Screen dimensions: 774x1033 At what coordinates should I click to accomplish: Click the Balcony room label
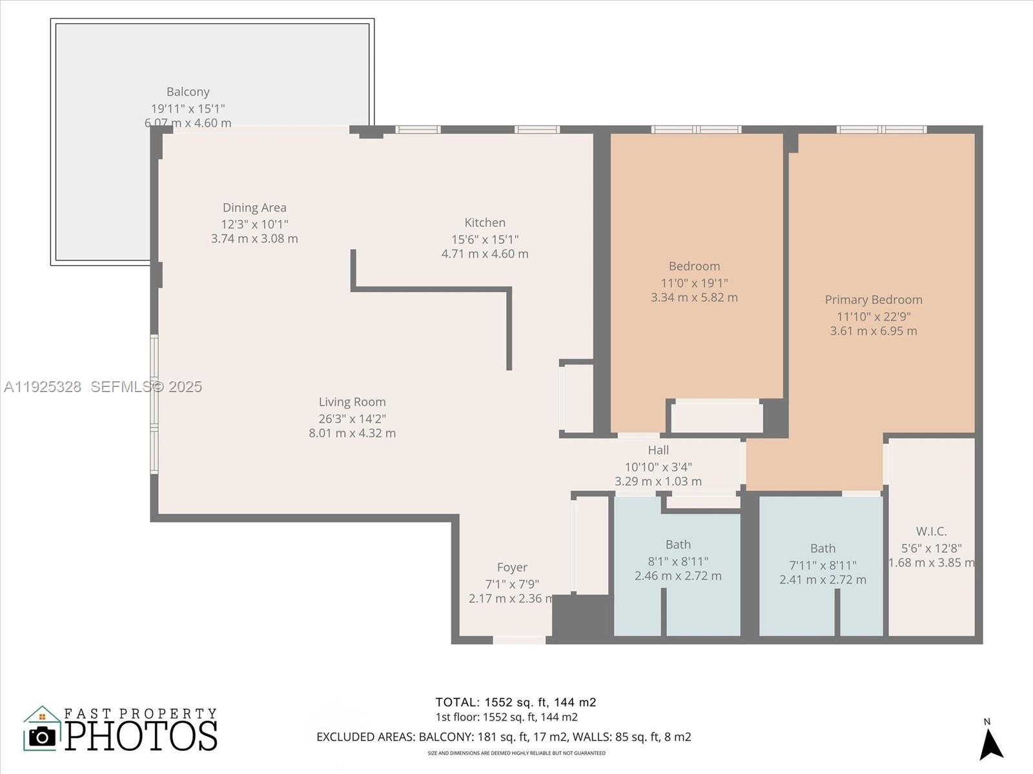188,92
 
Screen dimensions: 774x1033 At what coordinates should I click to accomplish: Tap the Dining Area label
254,208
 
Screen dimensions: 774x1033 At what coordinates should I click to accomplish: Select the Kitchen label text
485,223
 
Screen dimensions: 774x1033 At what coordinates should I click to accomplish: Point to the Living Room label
352,402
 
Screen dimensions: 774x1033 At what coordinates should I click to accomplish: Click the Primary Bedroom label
874,300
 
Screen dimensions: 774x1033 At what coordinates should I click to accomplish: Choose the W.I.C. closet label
931,531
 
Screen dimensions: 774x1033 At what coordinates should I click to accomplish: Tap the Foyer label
512,568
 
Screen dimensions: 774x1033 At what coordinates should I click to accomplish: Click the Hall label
658,450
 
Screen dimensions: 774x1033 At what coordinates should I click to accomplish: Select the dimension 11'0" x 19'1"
694,283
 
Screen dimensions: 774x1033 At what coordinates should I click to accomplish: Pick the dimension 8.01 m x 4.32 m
352,433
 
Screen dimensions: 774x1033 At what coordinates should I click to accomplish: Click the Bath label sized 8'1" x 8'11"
678,545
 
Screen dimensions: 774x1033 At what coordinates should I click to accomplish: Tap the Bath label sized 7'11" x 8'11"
823,549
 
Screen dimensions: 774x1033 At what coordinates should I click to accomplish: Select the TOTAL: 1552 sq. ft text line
515,702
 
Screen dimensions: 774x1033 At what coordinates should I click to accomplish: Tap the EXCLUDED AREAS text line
504,737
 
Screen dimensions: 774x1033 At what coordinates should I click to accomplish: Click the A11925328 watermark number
43,387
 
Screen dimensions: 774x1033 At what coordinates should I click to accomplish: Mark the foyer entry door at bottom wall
519,640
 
